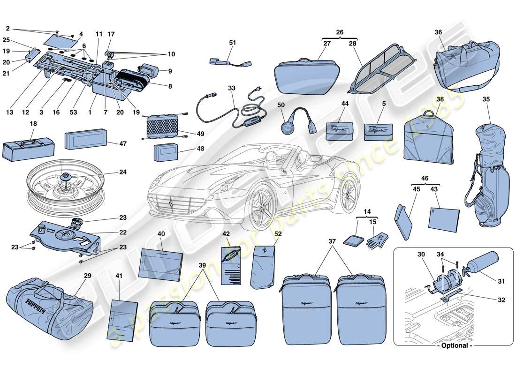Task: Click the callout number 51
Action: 233,42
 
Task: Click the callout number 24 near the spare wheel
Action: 122,172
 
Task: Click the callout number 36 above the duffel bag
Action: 439,32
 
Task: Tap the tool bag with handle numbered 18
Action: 28,148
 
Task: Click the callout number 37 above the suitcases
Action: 332,241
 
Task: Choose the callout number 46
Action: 425,179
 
